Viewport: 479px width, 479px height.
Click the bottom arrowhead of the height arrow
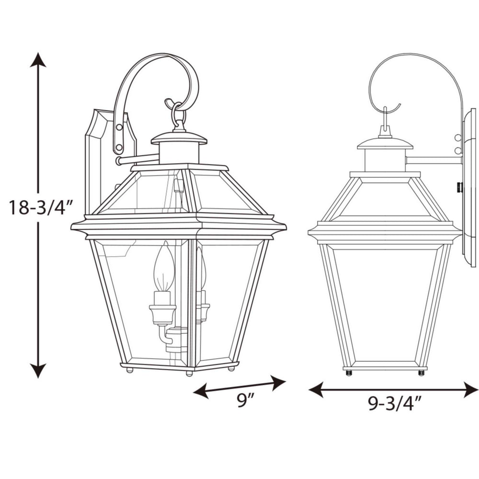coord(38,371)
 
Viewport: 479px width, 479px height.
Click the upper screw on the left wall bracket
coord(118,127)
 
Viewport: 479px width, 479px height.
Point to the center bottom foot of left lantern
coord(189,372)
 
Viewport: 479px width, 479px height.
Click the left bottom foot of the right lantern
coord(348,372)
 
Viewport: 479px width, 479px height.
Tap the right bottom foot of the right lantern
coord(421,372)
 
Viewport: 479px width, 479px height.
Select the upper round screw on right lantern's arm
coord(457,138)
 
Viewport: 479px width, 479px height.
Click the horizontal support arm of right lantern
coord(433,160)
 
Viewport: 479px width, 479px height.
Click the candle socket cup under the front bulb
coord(162,314)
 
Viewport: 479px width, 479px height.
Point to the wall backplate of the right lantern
coord(469,187)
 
